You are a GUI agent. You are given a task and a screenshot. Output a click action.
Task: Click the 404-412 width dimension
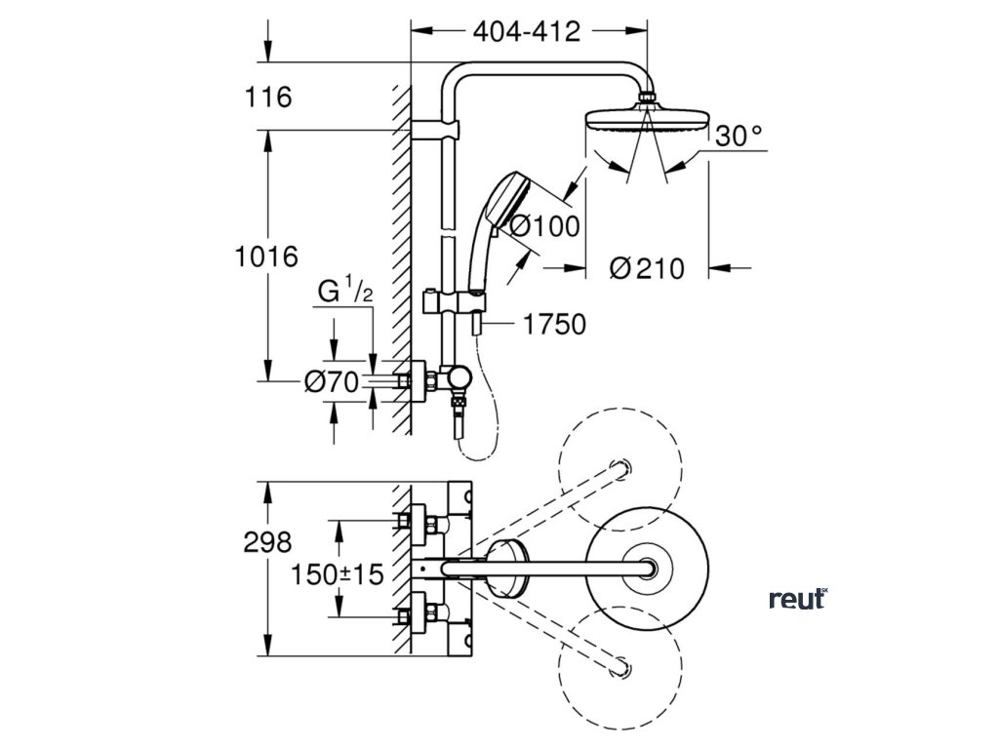tap(527, 31)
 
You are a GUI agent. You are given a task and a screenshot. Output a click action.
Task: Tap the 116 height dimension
tap(269, 98)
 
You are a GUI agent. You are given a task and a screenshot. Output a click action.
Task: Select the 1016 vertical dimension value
tap(265, 257)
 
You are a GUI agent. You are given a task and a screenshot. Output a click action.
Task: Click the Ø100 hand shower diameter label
tap(544, 226)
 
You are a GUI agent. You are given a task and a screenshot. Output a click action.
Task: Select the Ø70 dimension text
tap(333, 382)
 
